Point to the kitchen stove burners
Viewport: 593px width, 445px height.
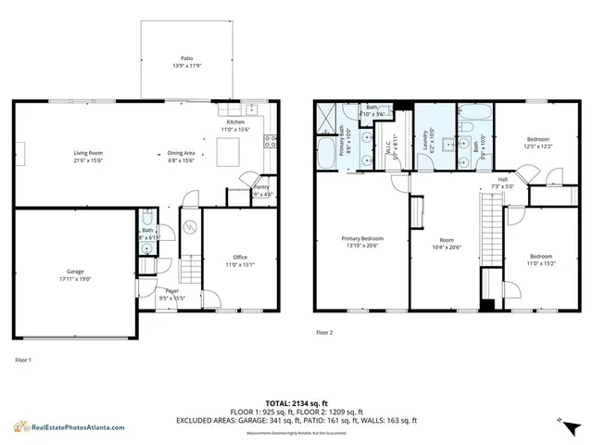[270, 142]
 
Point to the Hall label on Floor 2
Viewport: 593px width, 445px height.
[502, 179]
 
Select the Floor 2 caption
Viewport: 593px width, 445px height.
[323, 331]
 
